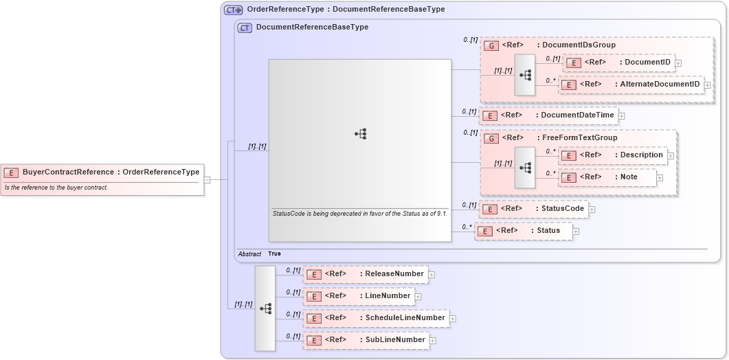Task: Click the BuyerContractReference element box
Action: point(103,172)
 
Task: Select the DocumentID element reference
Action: point(618,63)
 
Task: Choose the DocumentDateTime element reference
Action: point(548,115)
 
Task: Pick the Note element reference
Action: point(607,177)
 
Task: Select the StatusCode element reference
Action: point(533,209)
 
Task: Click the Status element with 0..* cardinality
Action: point(522,231)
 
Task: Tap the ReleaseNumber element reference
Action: point(365,274)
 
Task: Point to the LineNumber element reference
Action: point(358,296)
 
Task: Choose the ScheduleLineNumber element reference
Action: point(375,318)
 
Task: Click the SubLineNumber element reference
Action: point(366,340)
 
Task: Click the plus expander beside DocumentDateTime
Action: point(622,116)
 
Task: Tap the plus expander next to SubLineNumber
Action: point(433,341)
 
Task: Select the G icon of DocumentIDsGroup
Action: point(491,45)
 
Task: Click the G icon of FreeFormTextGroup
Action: point(491,138)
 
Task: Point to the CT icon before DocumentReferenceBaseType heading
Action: point(245,27)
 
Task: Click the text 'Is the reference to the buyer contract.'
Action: point(56,188)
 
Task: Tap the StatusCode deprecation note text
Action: point(360,214)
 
